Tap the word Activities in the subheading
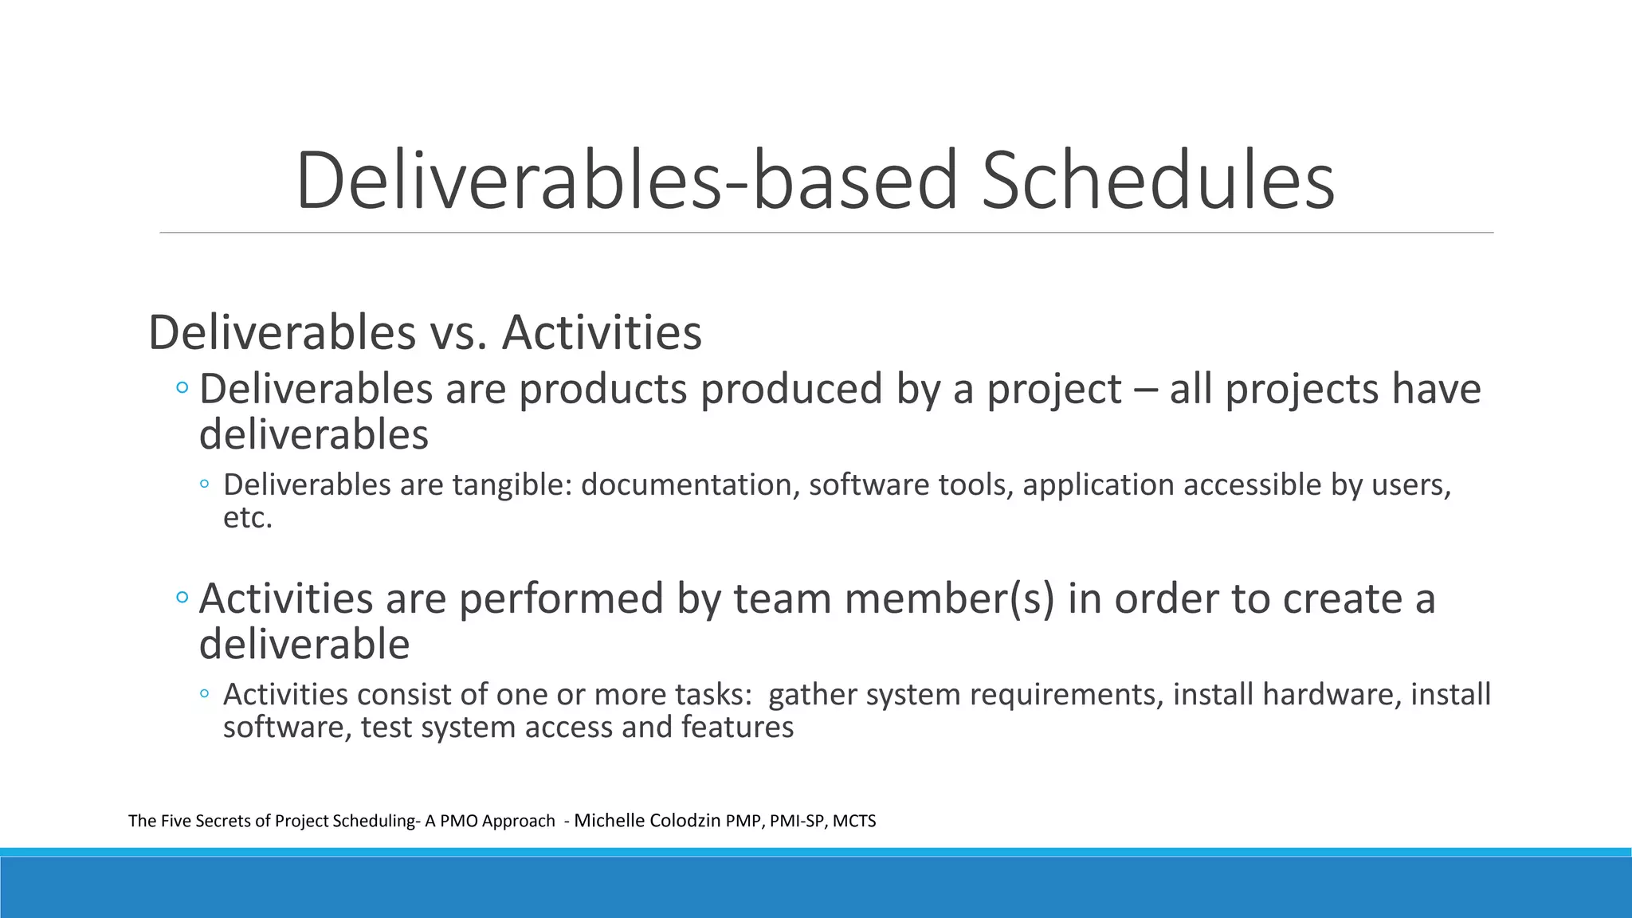click(602, 332)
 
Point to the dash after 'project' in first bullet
click(1145, 390)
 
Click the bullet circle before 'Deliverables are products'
click(182, 388)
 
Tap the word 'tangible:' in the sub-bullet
click(512, 484)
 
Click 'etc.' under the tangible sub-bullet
click(248, 518)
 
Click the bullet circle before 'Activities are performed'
click(182, 597)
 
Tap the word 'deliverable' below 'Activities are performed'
click(304, 644)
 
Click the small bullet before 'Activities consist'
click(205, 693)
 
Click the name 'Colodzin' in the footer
click(685, 821)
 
